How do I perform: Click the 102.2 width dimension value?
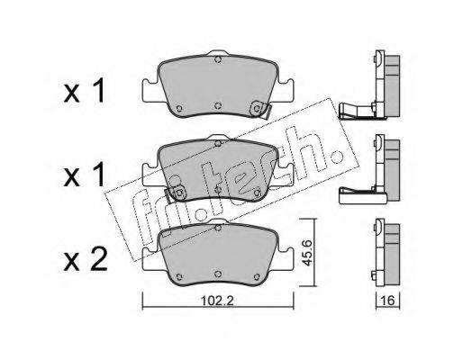tap(217, 301)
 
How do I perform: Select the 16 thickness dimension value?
tap(388, 301)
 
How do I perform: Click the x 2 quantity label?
tap(86, 260)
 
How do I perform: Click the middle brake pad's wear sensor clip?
tap(177, 193)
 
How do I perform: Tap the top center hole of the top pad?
tap(218, 59)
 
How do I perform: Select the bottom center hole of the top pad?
tap(218, 105)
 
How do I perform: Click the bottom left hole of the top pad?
tap(179, 108)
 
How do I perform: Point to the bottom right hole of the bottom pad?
tap(257, 277)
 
